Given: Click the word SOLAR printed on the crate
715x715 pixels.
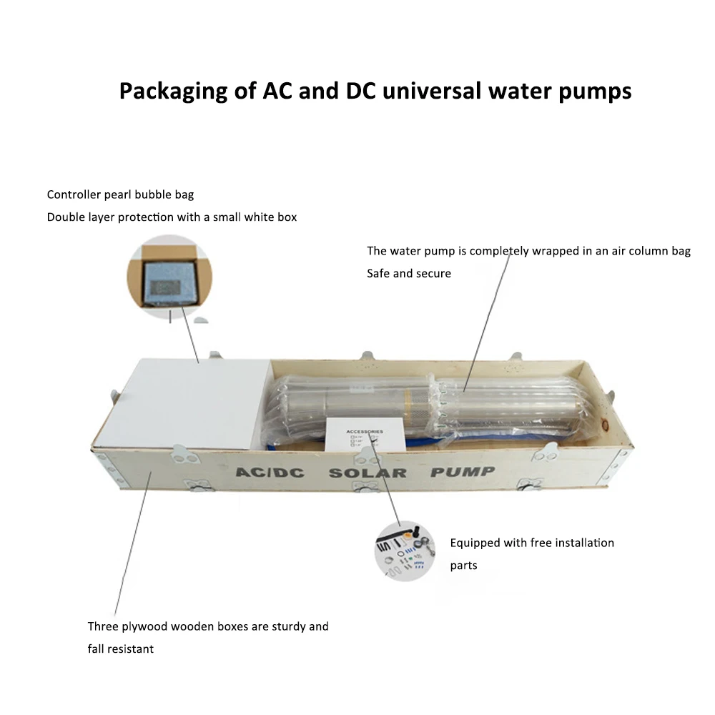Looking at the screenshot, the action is (367, 473).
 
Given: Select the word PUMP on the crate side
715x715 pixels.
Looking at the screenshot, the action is (462, 472).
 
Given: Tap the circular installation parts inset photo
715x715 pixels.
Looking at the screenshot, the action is (404, 551).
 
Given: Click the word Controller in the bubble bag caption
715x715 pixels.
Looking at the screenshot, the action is (73, 194).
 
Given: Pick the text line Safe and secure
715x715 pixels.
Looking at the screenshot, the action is (409, 273).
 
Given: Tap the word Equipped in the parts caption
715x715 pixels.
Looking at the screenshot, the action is (475, 543).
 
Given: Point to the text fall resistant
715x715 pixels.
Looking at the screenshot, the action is (121, 649).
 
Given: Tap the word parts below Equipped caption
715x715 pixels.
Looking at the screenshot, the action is (463, 566).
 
